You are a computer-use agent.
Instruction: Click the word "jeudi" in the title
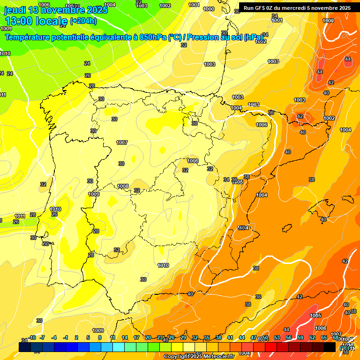coord(15,10)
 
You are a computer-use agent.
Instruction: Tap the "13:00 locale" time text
coord(36,21)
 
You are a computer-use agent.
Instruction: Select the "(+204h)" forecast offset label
coord(83,21)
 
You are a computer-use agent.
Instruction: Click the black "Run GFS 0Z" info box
coord(297,7)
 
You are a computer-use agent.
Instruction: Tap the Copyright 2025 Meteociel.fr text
coord(199,357)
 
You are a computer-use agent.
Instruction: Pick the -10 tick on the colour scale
coord(32,337)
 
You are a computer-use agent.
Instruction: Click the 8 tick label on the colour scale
coord(100,337)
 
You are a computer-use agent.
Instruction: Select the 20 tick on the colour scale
coord(148,337)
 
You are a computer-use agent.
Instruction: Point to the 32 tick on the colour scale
coord(195,337)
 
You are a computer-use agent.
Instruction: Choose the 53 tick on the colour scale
coord(277,337)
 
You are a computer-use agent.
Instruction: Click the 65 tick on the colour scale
coord(323,337)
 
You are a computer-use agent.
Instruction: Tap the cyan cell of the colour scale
coord(118,347)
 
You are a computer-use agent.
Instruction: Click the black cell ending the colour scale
coord(329,347)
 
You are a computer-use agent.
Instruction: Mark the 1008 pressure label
coord(123,186)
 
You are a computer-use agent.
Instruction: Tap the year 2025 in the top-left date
coord(97,10)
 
